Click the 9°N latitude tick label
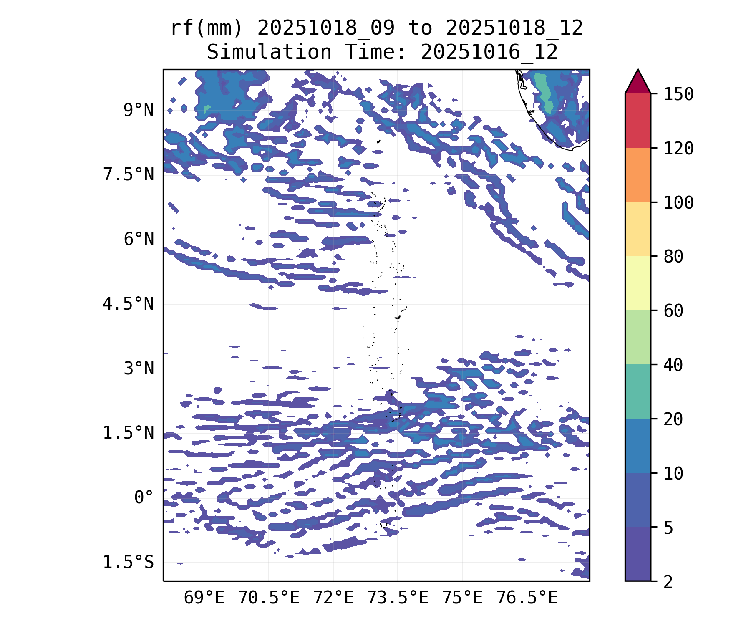(139, 111)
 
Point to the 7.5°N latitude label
(129, 175)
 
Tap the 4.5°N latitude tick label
(129, 304)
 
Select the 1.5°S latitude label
(129, 563)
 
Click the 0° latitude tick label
(144, 498)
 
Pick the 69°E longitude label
(204, 598)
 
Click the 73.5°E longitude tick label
(398, 598)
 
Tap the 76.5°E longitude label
(527, 598)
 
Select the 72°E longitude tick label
(333, 598)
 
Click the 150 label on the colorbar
(679, 94)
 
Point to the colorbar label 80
(673, 257)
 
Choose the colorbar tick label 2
(668, 582)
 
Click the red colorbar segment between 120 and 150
(638, 121)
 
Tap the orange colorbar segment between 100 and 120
(638, 175)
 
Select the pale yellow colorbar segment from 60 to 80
(638, 283)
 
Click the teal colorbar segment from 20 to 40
(638, 391)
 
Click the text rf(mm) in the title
(207, 28)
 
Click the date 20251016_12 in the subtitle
(489, 53)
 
